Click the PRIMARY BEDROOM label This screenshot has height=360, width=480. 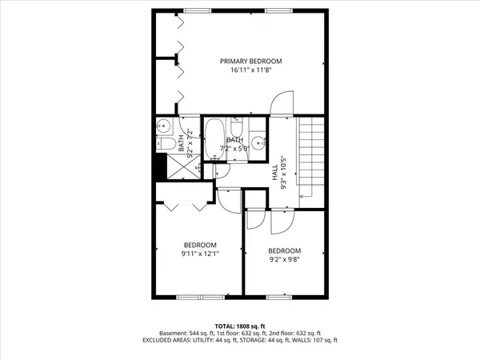click(251, 61)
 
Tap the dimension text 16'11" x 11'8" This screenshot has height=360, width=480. click(251, 70)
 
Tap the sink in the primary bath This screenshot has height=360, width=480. click(162, 126)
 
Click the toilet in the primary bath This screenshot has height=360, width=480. click(165, 143)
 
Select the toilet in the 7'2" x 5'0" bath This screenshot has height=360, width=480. click(236, 129)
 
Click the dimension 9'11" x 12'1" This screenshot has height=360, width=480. click(201, 254)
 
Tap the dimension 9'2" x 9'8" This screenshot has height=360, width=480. click(284, 259)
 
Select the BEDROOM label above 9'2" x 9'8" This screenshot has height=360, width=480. click(284, 250)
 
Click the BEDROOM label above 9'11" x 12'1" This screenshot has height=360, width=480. click(201, 244)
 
